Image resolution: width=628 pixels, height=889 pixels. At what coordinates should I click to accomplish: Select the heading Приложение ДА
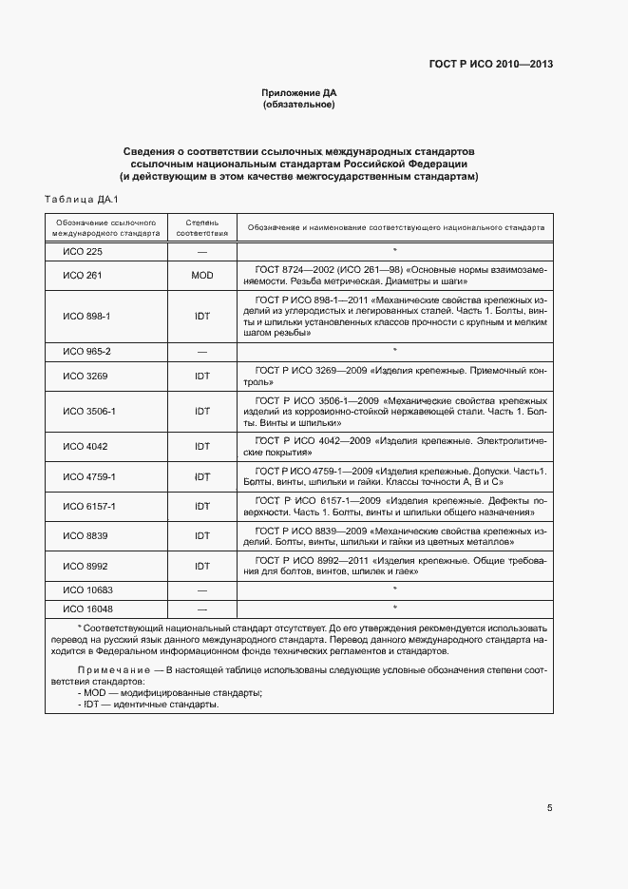pyautogui.click(x=299, y=92)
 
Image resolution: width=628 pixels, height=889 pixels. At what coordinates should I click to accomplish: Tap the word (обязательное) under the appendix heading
pyautogui.click(x=299, y=104)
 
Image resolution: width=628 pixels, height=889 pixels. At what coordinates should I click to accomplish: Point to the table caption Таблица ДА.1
pyautogui.click(x=80, y=199)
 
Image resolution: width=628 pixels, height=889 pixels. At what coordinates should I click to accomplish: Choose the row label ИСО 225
pyautogui.click(x=83, y=251)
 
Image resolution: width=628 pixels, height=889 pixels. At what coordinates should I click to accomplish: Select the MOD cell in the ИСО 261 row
pyautogui.click(x=202, y=275)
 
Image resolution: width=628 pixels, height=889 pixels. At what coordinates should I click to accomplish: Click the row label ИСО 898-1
pyautogui.click(x=87, y=316)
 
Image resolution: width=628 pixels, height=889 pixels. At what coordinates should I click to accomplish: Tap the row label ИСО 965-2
pyautogui.click(x=87, y=351)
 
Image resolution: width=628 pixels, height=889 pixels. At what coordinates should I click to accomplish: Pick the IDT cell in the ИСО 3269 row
pyautogui.click(x=202, y=376)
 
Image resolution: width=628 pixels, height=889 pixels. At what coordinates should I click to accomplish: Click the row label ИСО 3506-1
pyautogui.click(x=89, y=411)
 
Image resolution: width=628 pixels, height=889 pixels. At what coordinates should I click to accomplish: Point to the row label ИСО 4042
pyautogui.click(x=85, y=446)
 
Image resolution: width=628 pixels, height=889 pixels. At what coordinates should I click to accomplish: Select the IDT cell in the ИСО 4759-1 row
pyautogui.click(x=202, y=476)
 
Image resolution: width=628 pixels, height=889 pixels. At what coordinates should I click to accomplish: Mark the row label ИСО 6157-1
pyautogui.click(x=89, y=506)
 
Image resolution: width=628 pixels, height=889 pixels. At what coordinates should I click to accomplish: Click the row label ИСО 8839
pyautogui.click(x=85, y=536)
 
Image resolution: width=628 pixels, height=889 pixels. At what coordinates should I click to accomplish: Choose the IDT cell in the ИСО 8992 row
pyautogui.click(x=202, y=566)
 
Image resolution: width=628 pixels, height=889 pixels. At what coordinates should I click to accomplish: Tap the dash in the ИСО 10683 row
pyautogui.click(x=202, y=590)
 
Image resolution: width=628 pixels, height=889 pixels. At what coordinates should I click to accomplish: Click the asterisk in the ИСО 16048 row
pyautogui.click(x=394, y=608)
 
